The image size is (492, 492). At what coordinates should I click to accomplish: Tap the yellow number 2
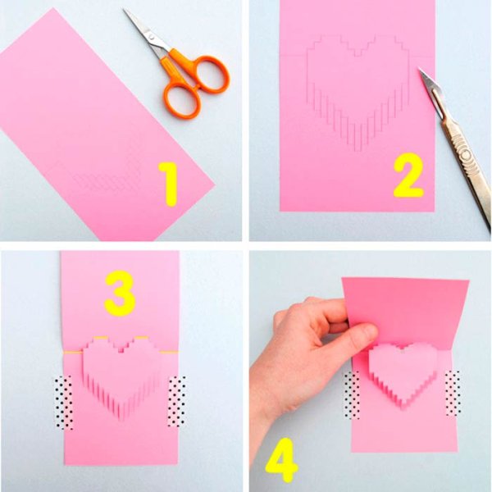(x=408, y=175)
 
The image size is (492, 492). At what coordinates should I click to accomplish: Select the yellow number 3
(x=120, y=294)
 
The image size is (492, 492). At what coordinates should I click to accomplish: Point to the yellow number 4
(x=280, y=460)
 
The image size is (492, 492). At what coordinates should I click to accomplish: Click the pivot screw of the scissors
(x=152, y=38)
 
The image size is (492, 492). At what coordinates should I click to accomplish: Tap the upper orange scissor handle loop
(x=210, y=74)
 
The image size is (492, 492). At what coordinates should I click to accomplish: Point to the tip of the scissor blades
(x=124, y=9)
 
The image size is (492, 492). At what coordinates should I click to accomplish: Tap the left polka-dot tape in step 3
(x=64, y=402)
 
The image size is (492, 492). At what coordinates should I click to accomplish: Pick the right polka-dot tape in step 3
(x=177, y=401)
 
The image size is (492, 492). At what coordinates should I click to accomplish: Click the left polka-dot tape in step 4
(x=352, y=394)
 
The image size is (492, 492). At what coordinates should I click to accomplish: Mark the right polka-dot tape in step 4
(x=453, y=393)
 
